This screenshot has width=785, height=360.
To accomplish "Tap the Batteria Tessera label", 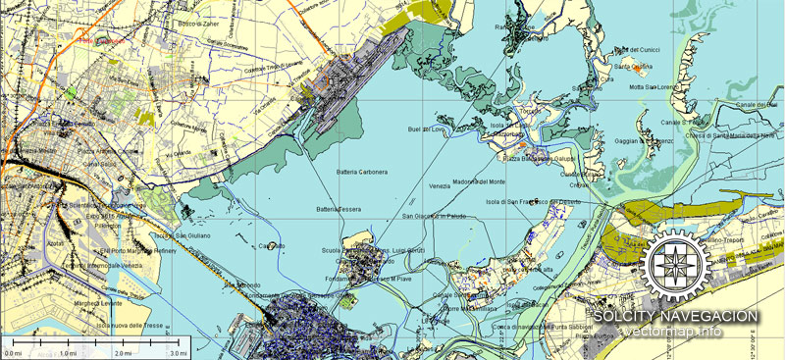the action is click(x=339, y=208).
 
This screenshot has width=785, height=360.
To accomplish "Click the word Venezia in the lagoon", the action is click(x=440, y=185).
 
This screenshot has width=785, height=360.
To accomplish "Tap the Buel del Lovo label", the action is click(x=428, y=129).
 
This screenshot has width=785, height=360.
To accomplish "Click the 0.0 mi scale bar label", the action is click(x=14, y=352).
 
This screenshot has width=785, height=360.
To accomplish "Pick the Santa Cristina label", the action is click(x=634, y=67).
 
